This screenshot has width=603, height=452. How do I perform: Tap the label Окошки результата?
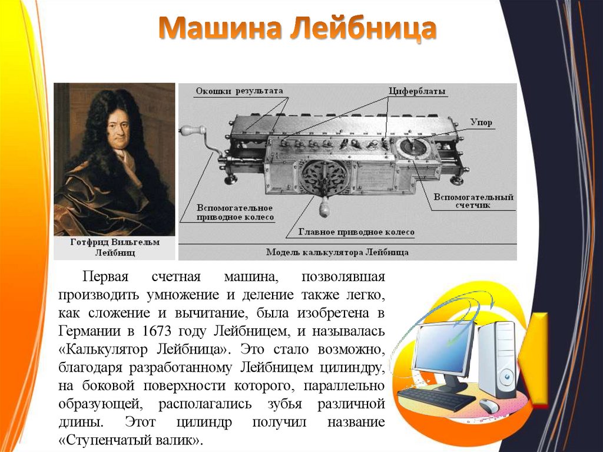coord(239,91)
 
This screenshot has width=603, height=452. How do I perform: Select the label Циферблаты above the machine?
coord(416,92)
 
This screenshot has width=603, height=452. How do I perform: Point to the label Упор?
coord(481,123)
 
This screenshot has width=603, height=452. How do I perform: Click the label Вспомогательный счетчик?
coord(473,201)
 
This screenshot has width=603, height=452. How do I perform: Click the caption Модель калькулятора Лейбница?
coord(337,252)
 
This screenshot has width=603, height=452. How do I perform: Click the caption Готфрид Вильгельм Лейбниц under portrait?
coord(114,248)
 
